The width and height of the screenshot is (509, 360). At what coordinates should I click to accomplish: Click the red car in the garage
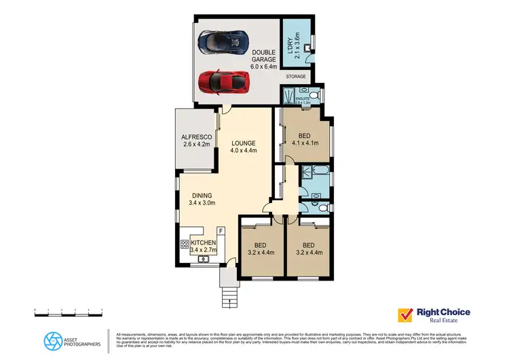point(225,83)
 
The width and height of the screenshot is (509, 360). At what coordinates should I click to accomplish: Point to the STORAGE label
point(295,77)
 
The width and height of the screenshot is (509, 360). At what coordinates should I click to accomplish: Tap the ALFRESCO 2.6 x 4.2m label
point(197,140)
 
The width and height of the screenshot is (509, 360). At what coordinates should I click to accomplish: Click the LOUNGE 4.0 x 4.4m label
point(243,147)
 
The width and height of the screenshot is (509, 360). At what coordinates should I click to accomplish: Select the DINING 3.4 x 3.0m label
point(203,198)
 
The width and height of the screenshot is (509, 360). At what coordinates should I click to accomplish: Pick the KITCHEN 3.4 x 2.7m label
point(204,247)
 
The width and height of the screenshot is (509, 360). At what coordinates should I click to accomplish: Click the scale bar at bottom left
point(68,311)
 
